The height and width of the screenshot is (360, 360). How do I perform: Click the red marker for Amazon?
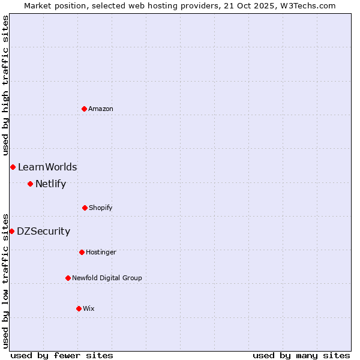click(x=84, y=109)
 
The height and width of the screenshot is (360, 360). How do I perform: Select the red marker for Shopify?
click(x=85, y=208)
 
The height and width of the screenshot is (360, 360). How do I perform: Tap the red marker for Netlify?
click(x=30, y=184)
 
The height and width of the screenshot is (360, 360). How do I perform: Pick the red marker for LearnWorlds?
click(x=13, y=167)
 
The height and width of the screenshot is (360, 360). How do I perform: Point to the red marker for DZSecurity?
click(x=11, y=231)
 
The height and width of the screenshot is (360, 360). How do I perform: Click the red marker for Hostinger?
click(x=82, y=252)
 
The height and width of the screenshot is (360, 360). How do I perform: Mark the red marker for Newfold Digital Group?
click(x=68, y=278)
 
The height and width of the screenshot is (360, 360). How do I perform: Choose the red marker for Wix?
click(x=79, y=308)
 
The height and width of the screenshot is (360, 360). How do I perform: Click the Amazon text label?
click(x=101, y=109)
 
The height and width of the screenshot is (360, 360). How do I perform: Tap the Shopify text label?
click(x=101, y=208)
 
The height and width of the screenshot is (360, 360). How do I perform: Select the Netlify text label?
click(x=50, y=184)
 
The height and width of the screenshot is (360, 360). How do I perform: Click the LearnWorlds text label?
click(x=47, y=167)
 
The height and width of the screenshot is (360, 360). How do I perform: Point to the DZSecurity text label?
click(x=43, y=231)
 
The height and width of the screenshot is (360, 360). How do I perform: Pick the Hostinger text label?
click(x=101, y=252)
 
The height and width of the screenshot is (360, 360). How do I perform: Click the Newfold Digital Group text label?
click(x=107, y=278)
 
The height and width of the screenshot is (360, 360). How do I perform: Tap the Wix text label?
click(x=89, y=308)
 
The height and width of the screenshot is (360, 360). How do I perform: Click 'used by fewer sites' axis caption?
click(x=62, y=355)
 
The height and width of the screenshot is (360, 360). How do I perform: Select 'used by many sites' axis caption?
click(x=301, y=355)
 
